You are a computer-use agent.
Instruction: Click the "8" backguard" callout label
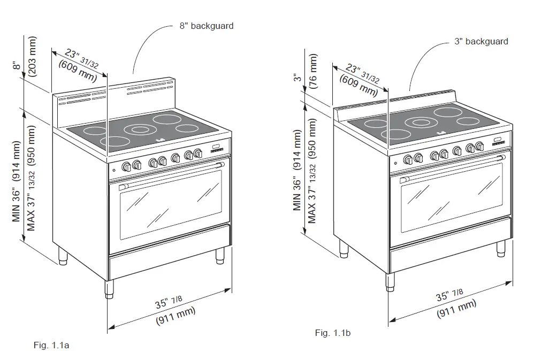(207, 26)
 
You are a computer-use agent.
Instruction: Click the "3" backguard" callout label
(481, 41)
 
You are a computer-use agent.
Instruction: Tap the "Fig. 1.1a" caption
(51, 345)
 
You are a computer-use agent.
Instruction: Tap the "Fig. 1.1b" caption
(333, 333)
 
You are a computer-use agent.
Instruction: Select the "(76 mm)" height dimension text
(314, 70)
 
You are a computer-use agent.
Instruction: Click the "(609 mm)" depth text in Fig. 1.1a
(77, 70)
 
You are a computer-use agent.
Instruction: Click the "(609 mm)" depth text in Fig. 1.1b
(358, 85)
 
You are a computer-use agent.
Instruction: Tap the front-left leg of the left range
(109, 289)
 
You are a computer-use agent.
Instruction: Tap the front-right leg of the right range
(501, 248)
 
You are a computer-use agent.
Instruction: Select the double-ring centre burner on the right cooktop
(421, 122)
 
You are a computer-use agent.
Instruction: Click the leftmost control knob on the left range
(127, 166)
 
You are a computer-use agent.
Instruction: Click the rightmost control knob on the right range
(479, 146)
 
